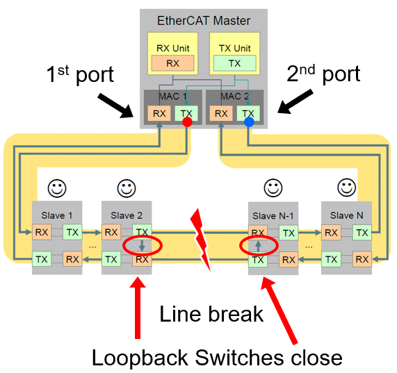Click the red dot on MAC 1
point(186,123)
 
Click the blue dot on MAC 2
point(249,123)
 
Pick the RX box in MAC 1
point(159,113)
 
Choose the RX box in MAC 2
point(220,113)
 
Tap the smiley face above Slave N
point(346,188)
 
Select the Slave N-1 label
point(273,216)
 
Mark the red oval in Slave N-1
point(258,246)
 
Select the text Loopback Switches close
point(217,357)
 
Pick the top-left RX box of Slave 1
point(42,232)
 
